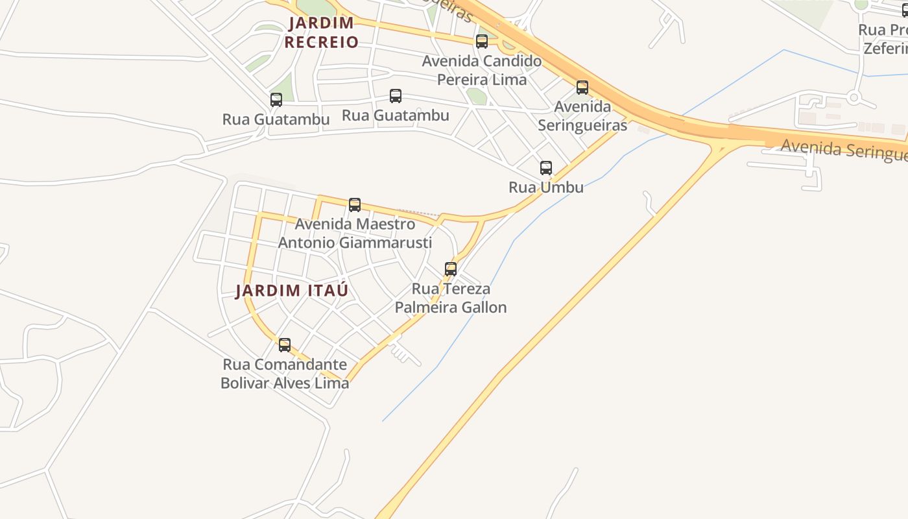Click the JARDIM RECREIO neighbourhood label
(321, 32)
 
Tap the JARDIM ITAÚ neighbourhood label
(291, 291)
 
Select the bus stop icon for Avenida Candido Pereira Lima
(482, 42)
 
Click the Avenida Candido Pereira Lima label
(481, 71)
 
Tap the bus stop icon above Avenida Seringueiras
(582, 88)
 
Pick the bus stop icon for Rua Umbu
(546, 168)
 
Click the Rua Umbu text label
(546, 187)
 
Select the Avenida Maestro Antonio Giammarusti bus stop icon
(355, 205)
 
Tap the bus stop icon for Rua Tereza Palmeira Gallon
(451, 269)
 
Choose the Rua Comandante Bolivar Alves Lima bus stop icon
(285, 345)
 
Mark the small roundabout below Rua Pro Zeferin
(854, 99)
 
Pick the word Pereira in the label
(462, 80)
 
